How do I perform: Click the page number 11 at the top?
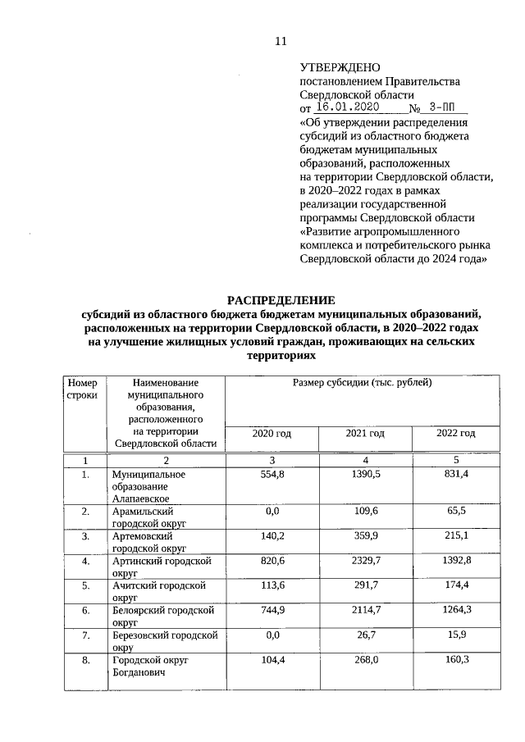coord(281,41)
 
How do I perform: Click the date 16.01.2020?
coord(346,107)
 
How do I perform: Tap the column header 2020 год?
coord(271,433)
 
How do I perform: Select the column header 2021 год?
coord(365,433)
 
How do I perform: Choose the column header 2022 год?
coord(456,433)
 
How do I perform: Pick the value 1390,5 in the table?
coord(365,475)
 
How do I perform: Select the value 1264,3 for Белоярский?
coord(456,610)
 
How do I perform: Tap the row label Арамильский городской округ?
coord(149,517)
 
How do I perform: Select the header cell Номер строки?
coord(83,389)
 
